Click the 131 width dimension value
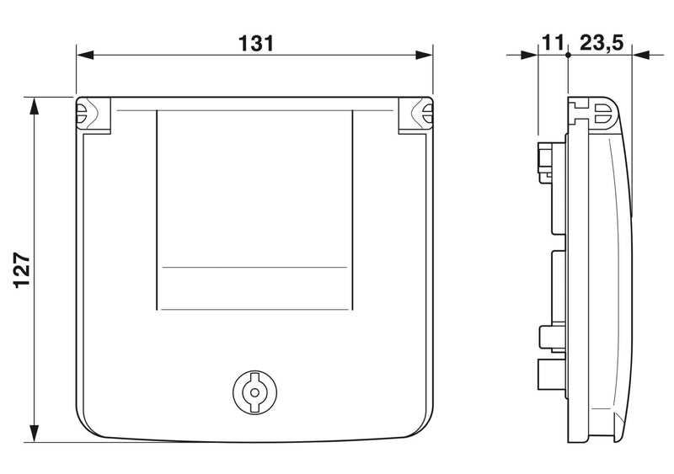click(x=256, y=44)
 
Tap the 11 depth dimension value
click(x=552, y=44)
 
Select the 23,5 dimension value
click(x=602, y=44)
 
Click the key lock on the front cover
click(x=254, y=392)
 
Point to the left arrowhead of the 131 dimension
click(x=85, y=55)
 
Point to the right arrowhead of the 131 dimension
click(x=424, y=55)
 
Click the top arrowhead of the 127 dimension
click(x=34, y=106)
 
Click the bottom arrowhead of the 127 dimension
click(x=34, y=434)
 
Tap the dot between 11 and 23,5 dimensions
click(x=568, y=55)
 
